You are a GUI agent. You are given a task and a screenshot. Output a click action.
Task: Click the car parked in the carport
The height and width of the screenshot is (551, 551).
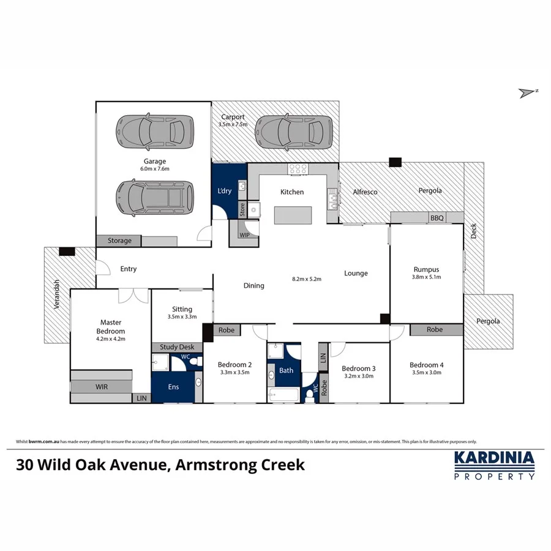[294, 130]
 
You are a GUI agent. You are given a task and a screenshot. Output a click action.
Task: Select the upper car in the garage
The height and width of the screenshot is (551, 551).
[151, 130]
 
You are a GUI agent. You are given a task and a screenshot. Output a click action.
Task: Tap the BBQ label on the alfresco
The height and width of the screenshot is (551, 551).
[437, 217]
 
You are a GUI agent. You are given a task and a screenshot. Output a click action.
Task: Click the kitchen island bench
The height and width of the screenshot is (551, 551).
[292, 216]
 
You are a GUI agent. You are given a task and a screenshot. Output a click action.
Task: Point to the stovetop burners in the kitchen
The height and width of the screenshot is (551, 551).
[298, 170]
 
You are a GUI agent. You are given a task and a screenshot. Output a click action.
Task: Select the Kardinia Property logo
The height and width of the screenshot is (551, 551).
[493, 465]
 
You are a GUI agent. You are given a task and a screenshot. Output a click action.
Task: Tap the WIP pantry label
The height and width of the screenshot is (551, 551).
[245, 235]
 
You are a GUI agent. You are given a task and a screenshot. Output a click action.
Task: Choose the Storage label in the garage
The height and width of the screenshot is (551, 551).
[119, 241]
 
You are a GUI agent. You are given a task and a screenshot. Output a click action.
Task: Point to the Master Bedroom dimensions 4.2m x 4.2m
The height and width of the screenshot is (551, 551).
[111, 339]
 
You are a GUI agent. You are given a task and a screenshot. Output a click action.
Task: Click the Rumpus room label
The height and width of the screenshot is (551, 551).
[427, 269]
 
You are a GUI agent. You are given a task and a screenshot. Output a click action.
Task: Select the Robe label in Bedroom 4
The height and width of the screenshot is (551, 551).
[435, 329]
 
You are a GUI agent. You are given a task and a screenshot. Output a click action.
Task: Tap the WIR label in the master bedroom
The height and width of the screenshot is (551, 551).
[101, 387]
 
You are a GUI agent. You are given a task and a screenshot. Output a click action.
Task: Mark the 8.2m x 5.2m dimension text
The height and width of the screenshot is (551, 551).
[307, 279]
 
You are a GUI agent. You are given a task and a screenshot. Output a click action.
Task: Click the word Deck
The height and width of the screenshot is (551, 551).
[473, 231]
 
